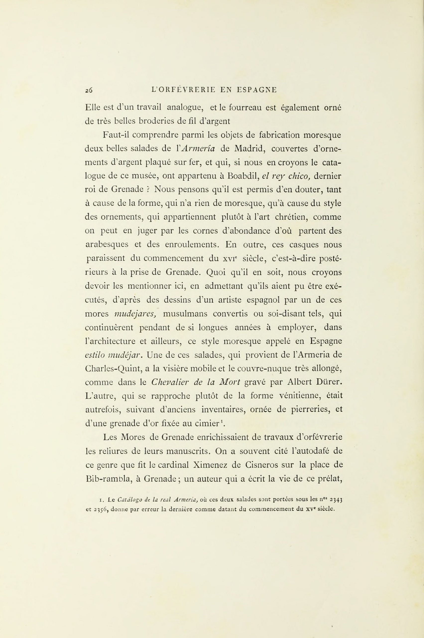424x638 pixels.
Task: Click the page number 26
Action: point(89,90)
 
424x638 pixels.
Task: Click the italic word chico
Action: point(299,176)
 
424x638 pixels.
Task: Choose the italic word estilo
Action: point(95,355)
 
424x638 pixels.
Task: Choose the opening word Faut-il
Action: point(116,135)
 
